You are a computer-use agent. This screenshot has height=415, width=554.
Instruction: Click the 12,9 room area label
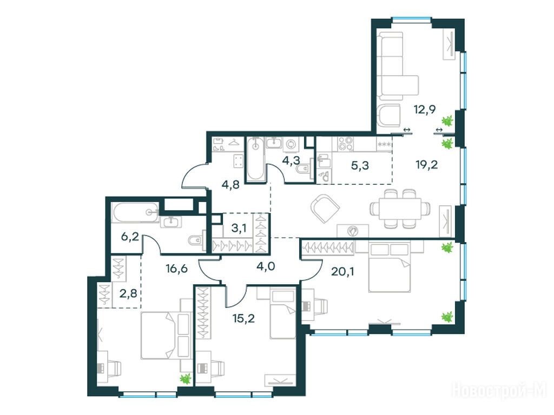[425, 109]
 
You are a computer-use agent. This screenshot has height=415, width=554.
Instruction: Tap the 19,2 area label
[427, 164]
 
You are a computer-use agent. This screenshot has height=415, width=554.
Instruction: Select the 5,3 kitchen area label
[360, 165]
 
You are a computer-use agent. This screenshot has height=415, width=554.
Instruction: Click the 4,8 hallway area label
[231, 185]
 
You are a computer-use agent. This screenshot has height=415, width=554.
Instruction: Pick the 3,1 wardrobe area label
[239, 229]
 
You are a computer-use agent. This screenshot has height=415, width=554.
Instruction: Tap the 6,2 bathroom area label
[130, 237]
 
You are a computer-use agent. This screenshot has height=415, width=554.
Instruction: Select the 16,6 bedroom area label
[177, 269]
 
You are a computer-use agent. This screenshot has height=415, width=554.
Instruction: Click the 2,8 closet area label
[128, 293]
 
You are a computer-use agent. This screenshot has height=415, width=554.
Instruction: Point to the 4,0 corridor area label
[266, 265]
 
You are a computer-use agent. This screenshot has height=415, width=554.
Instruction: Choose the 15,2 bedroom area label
[244, 319]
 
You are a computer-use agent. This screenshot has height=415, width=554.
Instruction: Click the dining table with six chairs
[400, 209]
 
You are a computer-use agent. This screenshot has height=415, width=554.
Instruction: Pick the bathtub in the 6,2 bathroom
[136, 212]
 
